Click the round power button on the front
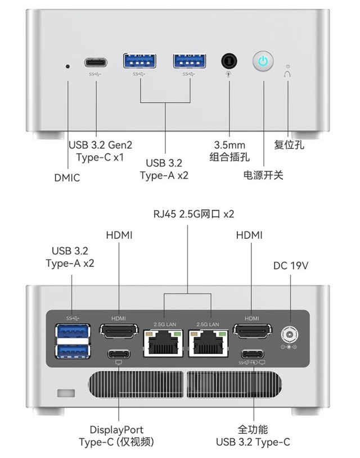point(263,61)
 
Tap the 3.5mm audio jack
point(228,61)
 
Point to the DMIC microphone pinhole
point(68,66)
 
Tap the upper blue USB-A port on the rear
point(73,333)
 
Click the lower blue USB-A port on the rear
point(73,351)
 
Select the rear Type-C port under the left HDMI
point(119,354)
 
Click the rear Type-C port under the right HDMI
point(252,354)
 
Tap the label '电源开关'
point(263,175)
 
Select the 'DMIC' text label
point(67,178)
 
